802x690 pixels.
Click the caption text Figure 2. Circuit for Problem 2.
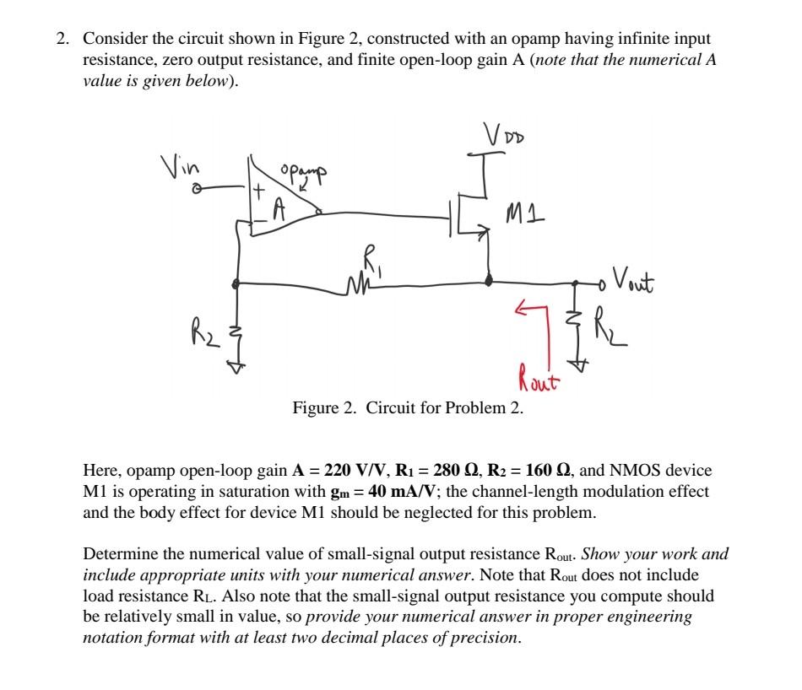[408, 409]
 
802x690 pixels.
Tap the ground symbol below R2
[237, 364]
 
